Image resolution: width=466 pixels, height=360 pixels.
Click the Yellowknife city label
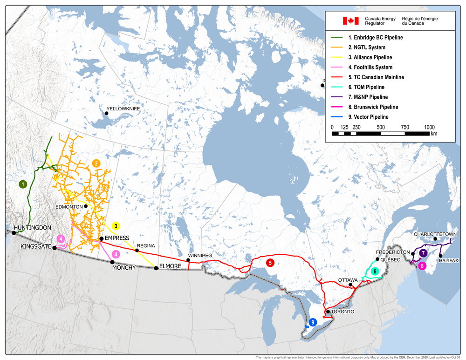pos(123,109)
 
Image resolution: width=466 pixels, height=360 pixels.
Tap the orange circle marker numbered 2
pos(96,163)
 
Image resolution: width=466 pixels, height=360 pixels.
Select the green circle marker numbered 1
pos(22,184)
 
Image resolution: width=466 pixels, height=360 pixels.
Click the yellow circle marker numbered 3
pos(116,226)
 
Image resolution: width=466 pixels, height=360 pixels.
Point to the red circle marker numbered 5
pos(270,263)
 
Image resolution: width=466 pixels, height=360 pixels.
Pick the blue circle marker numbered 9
pos(313,322)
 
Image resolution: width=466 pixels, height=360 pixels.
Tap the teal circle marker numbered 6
pos(375,271)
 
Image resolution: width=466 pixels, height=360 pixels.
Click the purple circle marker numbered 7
pos(423,253)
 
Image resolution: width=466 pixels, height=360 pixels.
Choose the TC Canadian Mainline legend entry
pos(376,77)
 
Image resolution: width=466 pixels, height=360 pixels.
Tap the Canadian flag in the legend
pos(350,20)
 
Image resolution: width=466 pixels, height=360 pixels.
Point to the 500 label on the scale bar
pos(381,127)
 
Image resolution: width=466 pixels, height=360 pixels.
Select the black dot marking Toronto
pos(328,312)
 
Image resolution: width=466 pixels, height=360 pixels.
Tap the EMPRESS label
pos(116,238)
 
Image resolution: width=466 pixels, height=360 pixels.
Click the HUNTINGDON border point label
pos(32,228)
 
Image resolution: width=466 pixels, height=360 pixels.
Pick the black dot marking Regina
pos(137,251)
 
